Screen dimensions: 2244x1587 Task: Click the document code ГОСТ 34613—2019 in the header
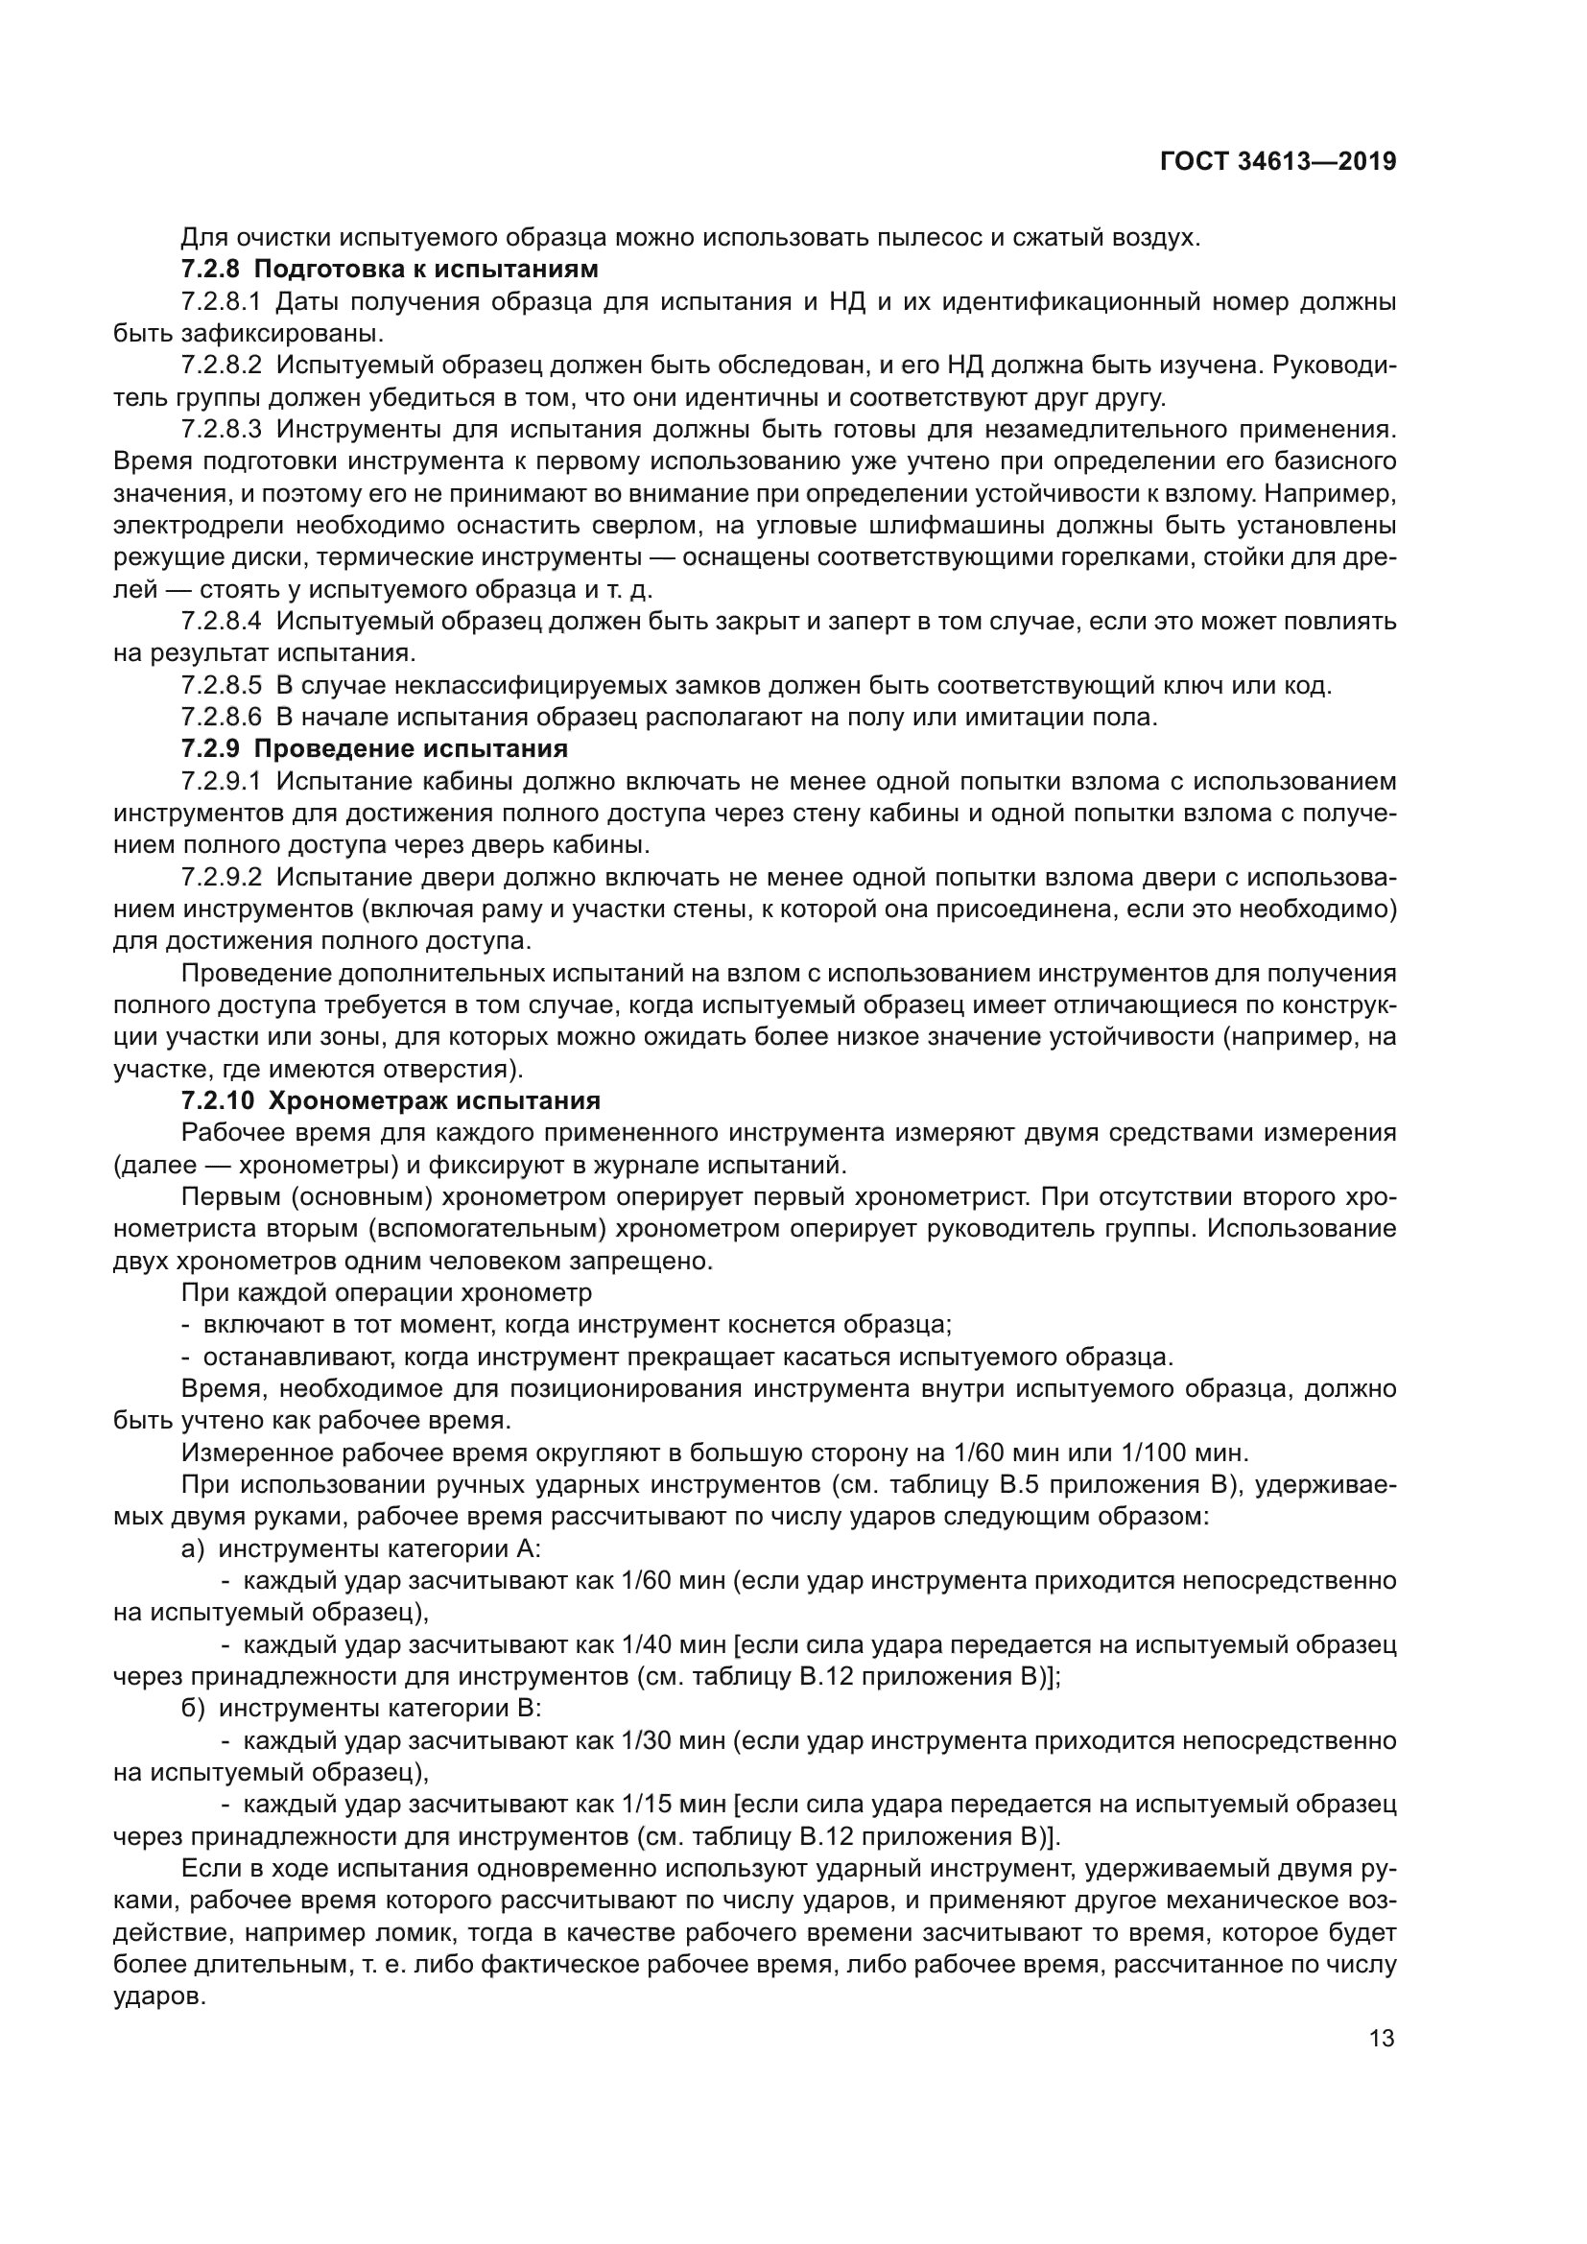(1277, 161)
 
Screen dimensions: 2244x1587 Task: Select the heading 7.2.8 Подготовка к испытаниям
(389, 269)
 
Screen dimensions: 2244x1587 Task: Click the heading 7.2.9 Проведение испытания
(374, 749)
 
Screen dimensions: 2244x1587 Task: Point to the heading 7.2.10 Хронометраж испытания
(391, 1100)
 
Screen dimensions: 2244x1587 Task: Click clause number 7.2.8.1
(222, 301)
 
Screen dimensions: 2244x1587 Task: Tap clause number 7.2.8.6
(222, 718)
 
